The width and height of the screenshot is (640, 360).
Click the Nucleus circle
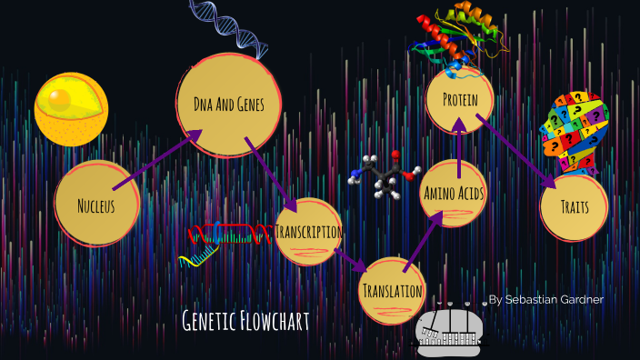click(96, 205)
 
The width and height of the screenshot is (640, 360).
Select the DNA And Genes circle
click(229, 105)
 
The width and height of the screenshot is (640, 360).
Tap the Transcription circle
click(308, 232)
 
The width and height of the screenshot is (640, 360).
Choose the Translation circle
click(392, 291)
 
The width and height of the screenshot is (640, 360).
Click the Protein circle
click(460, 99)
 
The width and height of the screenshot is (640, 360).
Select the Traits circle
click(574, 206)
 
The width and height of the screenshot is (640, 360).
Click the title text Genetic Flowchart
click(246, 320)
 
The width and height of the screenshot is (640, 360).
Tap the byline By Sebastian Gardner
click(545, 299)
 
